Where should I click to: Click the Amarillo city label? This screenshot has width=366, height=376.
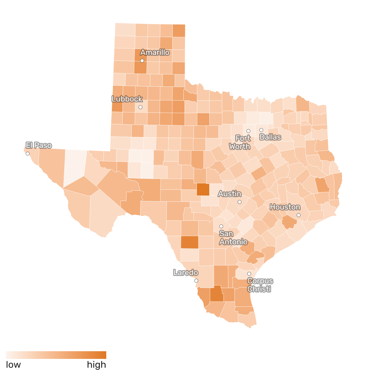coord(155,53)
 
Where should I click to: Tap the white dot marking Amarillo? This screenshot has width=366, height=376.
coord(142,61)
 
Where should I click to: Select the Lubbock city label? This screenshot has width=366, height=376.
coord(127,99)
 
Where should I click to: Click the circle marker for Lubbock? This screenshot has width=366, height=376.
coord(140,107)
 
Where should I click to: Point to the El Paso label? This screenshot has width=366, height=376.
coord(39,145)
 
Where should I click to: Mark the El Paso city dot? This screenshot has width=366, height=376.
coord(28,153)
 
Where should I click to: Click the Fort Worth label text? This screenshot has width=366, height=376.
coord(240,142)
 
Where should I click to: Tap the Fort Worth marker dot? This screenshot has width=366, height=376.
coord(249,131)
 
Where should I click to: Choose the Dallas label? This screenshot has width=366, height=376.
coord(270,137)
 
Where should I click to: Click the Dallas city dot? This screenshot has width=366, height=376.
coord(261,130)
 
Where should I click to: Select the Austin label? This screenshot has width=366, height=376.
coord(230,194)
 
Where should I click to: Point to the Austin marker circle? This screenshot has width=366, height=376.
coord(239,202)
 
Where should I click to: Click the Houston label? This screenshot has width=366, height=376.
coord(285,207)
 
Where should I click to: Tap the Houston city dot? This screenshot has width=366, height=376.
coord(298,215)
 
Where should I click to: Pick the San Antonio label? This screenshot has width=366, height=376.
coord(233,238)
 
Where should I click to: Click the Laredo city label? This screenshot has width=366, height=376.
coord(186,272)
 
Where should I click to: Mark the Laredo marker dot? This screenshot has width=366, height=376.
coord(196,281)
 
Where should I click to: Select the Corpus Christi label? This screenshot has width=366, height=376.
coord(260,285)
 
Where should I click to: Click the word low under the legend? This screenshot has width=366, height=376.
coord(14,365)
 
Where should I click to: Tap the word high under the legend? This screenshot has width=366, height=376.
coord(97,365)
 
